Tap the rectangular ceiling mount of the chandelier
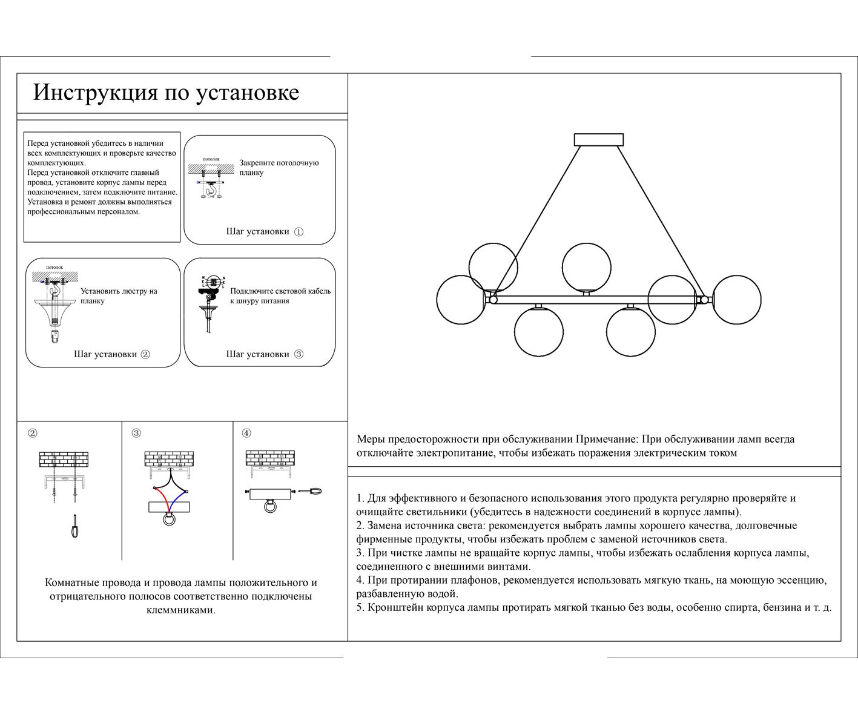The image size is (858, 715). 598,140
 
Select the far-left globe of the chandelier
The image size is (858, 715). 460,299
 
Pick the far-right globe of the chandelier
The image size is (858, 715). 736,299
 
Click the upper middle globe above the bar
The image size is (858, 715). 586,267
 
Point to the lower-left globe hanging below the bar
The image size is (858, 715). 538,331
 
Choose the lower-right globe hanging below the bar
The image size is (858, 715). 630,331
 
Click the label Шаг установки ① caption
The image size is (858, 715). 265,231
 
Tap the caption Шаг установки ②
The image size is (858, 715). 112,354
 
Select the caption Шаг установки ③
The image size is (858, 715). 265,354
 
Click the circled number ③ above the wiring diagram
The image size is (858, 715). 136,433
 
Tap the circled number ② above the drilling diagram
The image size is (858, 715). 33,433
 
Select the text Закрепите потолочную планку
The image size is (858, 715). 279,168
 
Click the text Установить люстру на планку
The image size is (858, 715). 119,295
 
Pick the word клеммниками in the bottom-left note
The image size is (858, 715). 180,610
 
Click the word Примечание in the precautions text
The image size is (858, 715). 606,439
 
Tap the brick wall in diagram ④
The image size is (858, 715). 270,458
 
